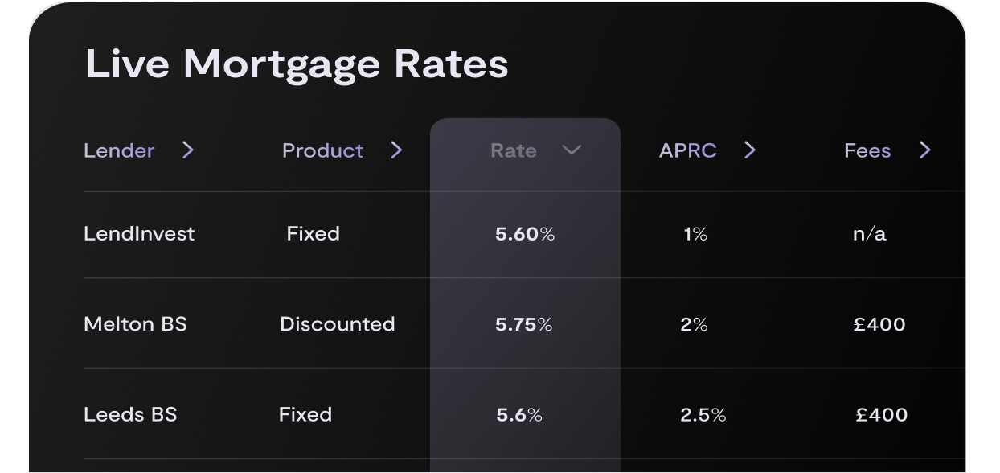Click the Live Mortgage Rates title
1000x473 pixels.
click(x=297, y=64)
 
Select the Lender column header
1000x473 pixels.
click(x=119, y=150)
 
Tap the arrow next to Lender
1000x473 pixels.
click(x=188, y=150)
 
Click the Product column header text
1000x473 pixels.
click(x=322, y=150)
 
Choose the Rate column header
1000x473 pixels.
click(x=514, y=150)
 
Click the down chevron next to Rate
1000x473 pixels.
click(x=572, y=150)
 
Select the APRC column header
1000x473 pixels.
click(x=687, y=150)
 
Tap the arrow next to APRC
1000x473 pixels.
click(x=750, y=150)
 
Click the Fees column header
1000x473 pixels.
click(x=867, y=150)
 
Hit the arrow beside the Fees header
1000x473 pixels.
click(x=925, y=150)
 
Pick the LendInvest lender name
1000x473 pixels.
click(x=139, y=234)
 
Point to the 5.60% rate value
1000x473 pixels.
click(x=525, y=234)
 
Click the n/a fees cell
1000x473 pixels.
click(x=870, y=234)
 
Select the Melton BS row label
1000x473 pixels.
click(x=135, y=324)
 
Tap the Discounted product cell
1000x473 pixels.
click(x=338, y=324)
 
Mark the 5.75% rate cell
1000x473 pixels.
click(x=524, y=324)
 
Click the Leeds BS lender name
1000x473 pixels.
click(x=130, y=415)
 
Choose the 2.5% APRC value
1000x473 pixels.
click(x=703, y=415)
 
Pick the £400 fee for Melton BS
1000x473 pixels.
click(x=879, y=324)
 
